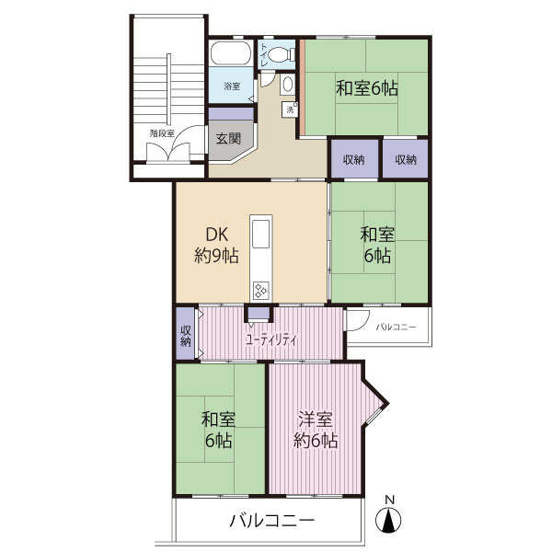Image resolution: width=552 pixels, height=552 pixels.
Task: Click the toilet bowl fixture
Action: [x=281, y=54]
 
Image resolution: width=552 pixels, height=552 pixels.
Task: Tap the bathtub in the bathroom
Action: [x=231, y=53]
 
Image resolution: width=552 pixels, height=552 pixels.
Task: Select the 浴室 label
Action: [x=232, y=86]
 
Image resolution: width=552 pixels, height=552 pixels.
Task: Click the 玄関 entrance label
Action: [x=228, y=139]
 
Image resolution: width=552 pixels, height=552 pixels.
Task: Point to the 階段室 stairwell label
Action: [x=162, y=133]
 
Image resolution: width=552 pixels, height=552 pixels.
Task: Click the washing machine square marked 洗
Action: [x=290, y=109]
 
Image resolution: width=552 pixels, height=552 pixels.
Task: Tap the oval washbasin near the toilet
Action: [x=288, y=85]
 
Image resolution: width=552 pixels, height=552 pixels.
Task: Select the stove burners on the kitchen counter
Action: [x=261, y=291]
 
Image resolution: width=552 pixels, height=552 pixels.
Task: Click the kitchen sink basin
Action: [x=261, y=234]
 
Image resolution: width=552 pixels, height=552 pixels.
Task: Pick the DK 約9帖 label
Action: [x=216, y=245]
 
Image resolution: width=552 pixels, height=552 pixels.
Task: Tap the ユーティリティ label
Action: [x=271, y=339]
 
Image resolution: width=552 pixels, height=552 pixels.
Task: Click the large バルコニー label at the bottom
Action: [x=271, y=521]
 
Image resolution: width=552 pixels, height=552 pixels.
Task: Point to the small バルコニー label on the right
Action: [x=396, y=327]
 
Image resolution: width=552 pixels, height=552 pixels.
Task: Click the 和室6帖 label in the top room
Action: [x=367, y=88]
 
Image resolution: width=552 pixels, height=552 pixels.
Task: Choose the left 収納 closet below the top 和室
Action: [x=354, y=159]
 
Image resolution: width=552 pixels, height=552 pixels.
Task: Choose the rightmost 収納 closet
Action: [x=405, y=159]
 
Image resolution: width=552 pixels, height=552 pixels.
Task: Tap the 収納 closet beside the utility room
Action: [x=186, y=333]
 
